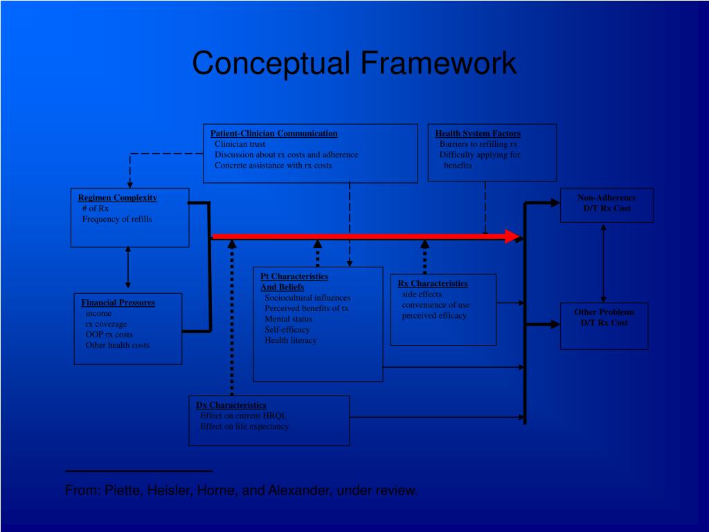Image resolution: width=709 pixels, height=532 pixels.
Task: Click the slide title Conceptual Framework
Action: (x=354, y=63)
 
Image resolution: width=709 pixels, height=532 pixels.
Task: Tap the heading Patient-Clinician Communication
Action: (x=273, y=133)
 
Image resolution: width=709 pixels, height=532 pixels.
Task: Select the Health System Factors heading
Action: (x=478, y=133)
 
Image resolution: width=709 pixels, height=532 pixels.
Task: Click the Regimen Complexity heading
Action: (x=117, y=197)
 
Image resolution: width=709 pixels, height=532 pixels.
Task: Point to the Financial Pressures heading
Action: (x=118, y=303)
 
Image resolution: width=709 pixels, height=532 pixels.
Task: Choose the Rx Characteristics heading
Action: (x=433, y=283)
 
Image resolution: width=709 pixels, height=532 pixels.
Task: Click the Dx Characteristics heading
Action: (x=231, y=405)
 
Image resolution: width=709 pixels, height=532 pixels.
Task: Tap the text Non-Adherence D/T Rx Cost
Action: (x=607, y=202)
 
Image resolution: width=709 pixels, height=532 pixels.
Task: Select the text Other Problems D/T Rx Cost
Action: (x=604, y=317)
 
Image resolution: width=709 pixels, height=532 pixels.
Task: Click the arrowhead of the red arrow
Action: (x=513, y=236)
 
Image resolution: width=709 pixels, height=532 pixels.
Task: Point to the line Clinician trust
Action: (x=240, y=144)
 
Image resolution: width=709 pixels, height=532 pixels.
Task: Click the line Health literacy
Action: (x=290, y=340)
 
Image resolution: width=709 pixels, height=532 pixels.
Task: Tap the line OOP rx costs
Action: (x=109, y=335)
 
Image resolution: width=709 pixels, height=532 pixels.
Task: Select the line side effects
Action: (x=422, y=294)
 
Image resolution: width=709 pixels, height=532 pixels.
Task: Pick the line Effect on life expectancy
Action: (x=244, y=427)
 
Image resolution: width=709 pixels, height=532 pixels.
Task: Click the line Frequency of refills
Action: (x=117, y=219)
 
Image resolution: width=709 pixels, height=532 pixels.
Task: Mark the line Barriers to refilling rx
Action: (x=478, y=144)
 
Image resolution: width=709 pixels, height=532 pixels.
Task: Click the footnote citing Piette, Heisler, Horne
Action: (x=242, y=490)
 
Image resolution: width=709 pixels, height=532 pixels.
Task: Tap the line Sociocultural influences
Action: (x=307, y=298)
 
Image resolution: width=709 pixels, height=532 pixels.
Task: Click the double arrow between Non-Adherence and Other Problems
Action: (x=604, y=263)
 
